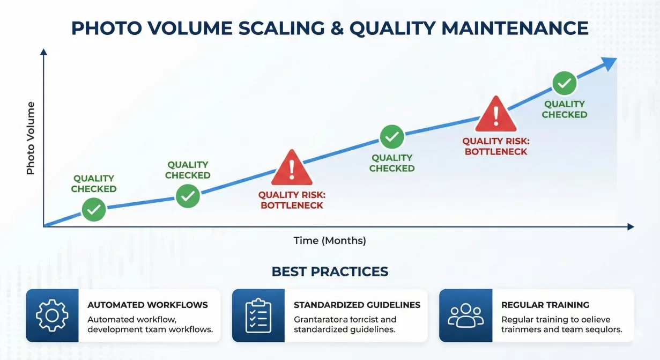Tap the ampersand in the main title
[336, 28]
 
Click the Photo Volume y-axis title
[31, 138]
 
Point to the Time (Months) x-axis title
[330, 240]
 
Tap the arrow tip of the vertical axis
[44, 52]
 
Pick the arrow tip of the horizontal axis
[631, 227]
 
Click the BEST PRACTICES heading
[330, 271]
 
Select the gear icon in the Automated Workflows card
[52, 315]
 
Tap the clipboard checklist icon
[258, 315]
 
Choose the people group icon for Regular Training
[465, 315]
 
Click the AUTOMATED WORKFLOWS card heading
[147, 305]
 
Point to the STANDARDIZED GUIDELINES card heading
[357, 305]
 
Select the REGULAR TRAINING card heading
[545, 305]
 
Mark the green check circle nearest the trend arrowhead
[564, 83]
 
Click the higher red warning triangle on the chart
[496, 114]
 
